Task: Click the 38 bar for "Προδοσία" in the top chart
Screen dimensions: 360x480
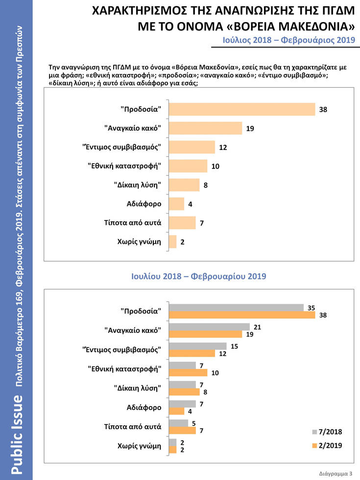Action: [x=242, y=109]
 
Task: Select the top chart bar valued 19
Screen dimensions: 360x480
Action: [x=205, y=128]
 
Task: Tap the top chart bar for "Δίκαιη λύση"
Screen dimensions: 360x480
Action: [x=184, y=185]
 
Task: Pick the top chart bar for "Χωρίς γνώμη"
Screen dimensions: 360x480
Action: [x=172, y=241]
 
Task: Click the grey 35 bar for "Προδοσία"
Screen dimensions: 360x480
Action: [x=236, y=308]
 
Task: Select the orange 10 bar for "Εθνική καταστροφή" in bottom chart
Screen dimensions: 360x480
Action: [x=188, y=373]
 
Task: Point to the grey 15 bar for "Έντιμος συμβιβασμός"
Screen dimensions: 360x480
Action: [x=198, y=346]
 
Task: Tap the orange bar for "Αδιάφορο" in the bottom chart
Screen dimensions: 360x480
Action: [x=176, y=411]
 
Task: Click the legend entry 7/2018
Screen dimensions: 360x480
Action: [x=327, y=432]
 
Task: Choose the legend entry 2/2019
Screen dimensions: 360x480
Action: [x=327, y=445]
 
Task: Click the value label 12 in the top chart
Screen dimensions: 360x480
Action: [x=223, y=147]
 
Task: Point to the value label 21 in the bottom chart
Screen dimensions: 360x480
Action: [x=257, y=327]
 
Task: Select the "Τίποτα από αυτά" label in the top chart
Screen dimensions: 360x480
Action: [x=133, y=222]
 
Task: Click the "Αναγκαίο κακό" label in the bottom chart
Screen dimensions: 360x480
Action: [x=133, y=330]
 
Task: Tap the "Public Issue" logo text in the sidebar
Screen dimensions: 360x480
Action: [x=17, y=435]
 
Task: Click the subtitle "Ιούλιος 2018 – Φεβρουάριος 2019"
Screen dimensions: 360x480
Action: [x=288, y=40]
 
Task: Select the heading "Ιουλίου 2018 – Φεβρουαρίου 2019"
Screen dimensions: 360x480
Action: [x=199, y=276]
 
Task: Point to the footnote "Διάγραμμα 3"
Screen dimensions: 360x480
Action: [x=336, y=474]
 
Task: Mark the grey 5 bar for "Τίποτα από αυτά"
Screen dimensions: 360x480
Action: [x=178, y=423]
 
